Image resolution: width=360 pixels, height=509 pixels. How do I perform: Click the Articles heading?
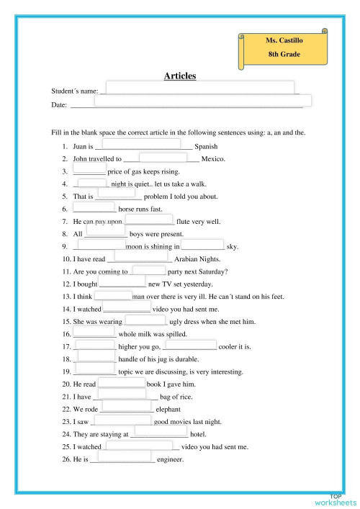pyautogui.click(x=179, y=76)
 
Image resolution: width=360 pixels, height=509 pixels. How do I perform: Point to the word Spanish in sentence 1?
pyautogui.click(x=207, y=146)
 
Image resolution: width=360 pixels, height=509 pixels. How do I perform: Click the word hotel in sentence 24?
pyautogui.click(x=198, y=434)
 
